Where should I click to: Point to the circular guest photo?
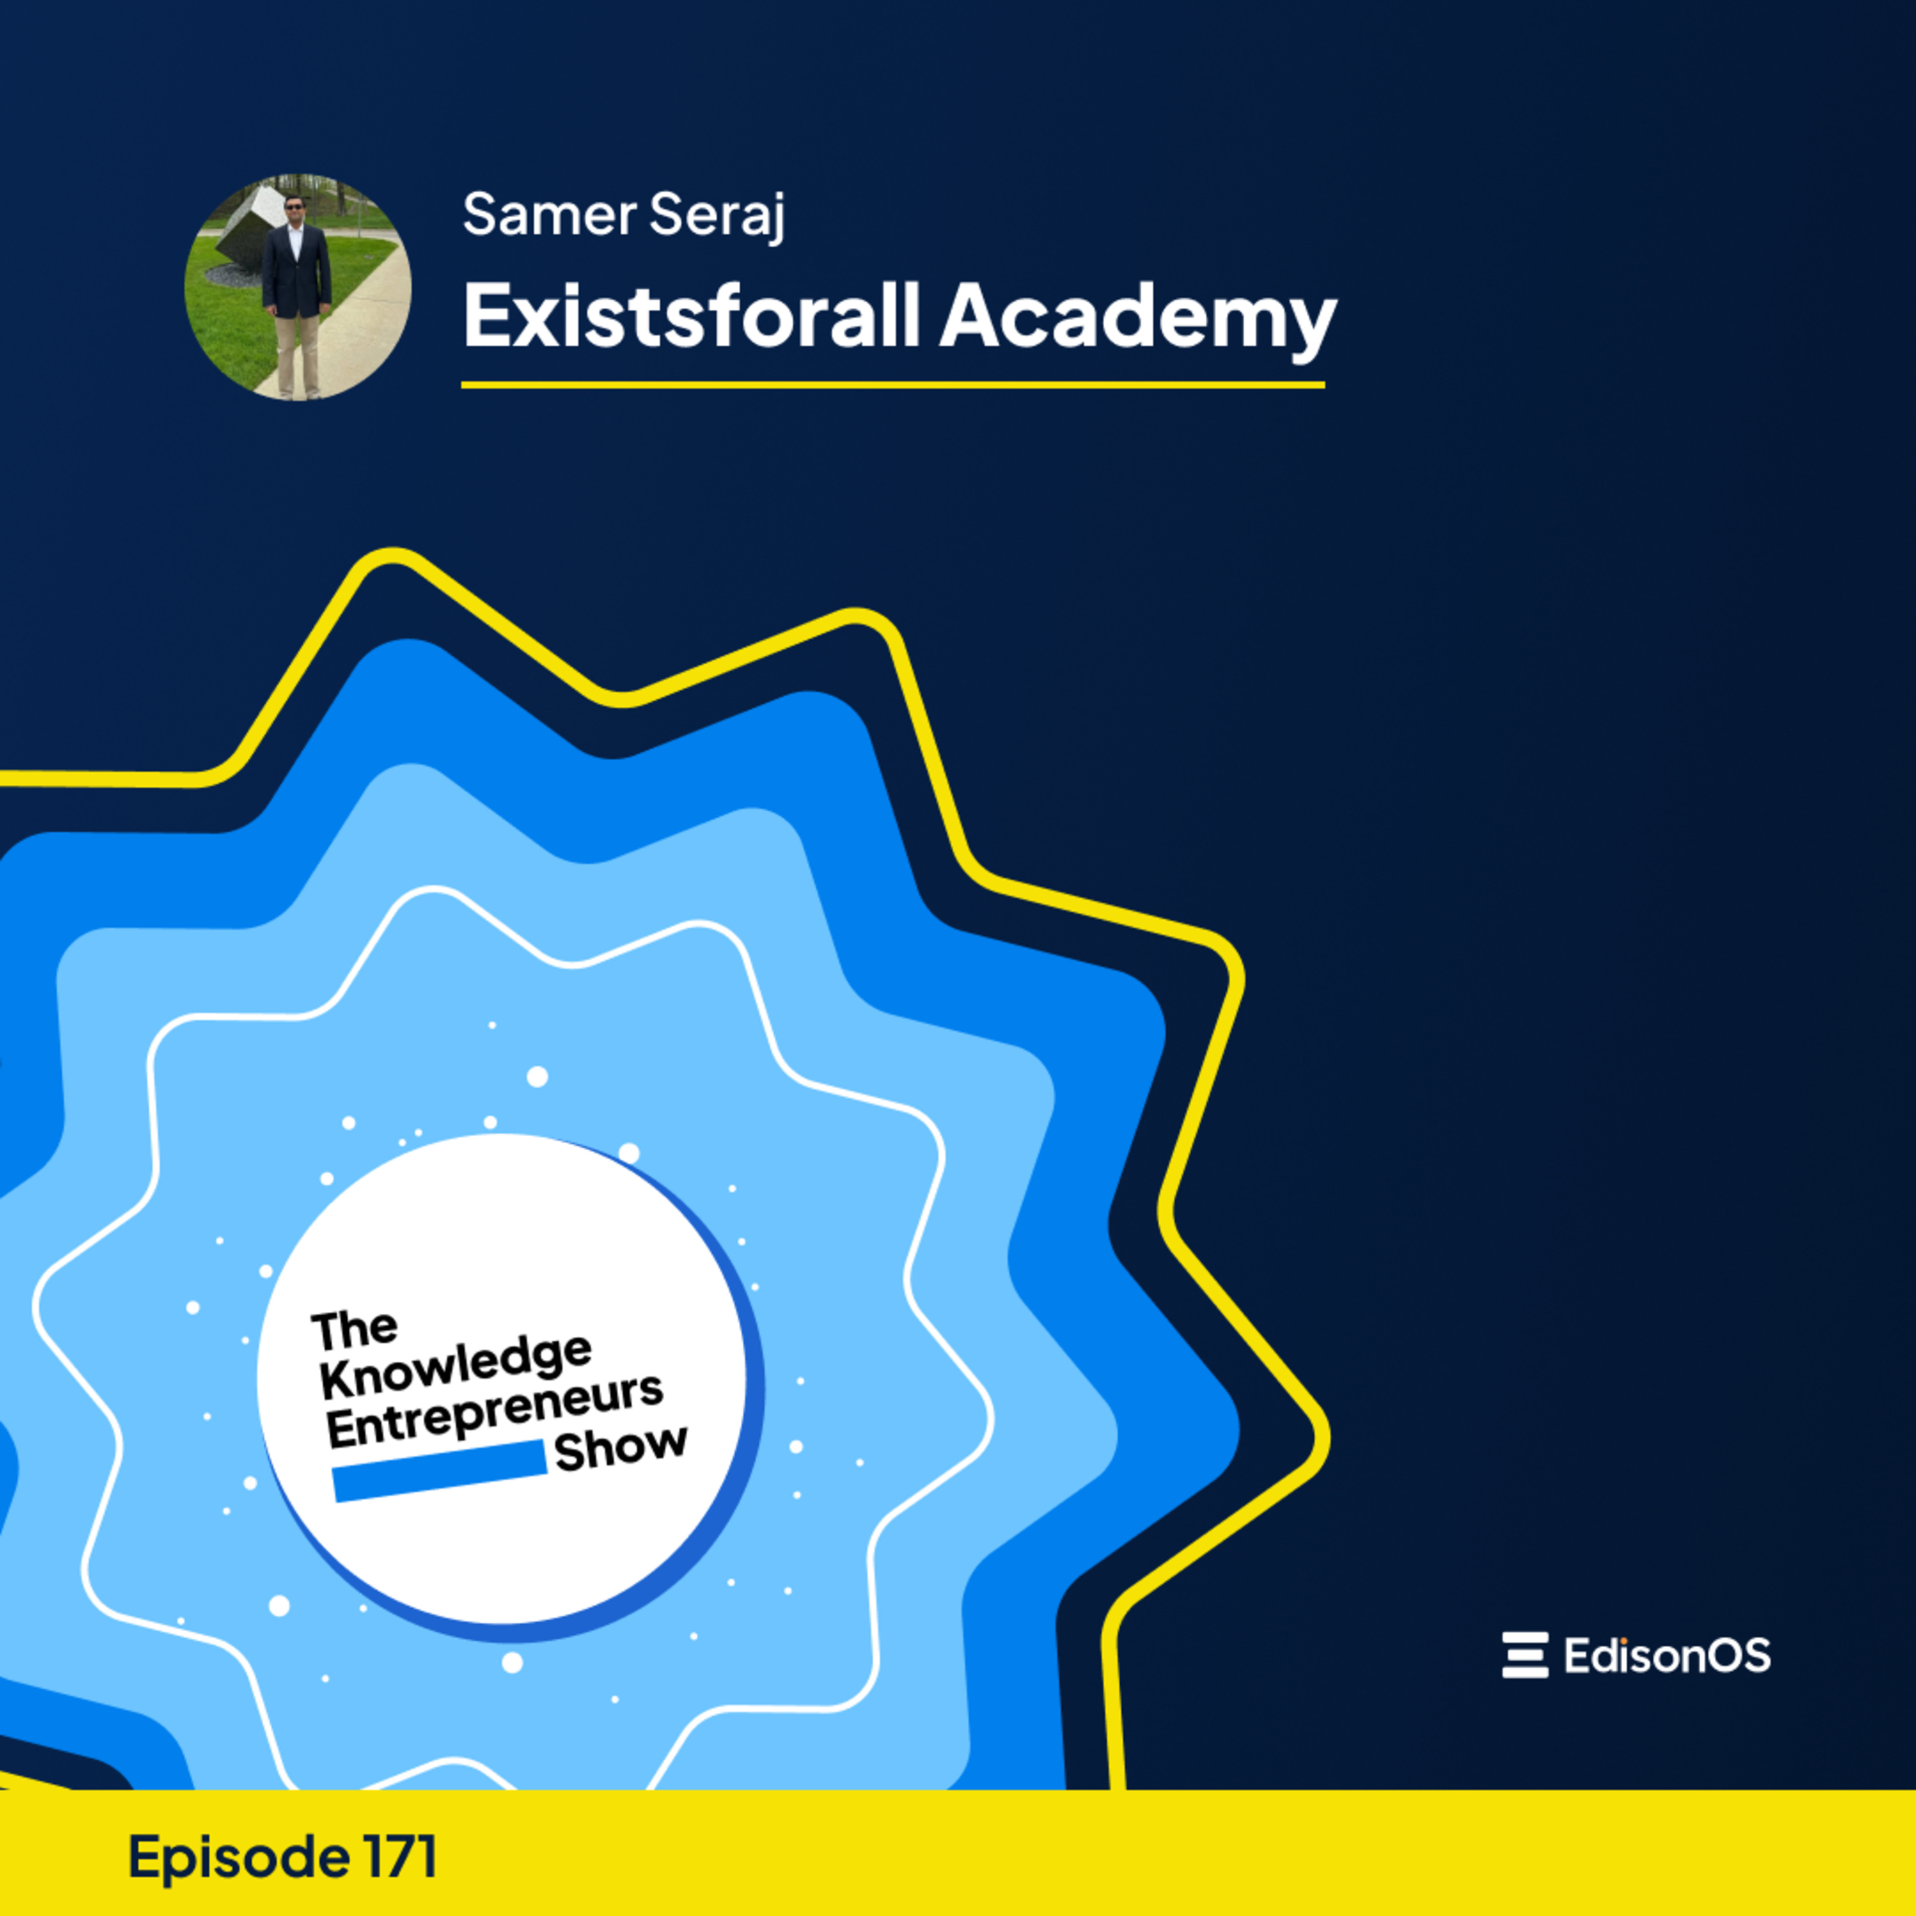298,287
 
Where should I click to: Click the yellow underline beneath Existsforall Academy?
893,384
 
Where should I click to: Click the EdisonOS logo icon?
1525,1655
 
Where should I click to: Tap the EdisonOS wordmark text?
1667,1655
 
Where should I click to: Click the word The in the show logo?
354,1330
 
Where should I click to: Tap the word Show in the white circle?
621,1449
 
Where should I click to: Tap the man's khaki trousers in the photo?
296,352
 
